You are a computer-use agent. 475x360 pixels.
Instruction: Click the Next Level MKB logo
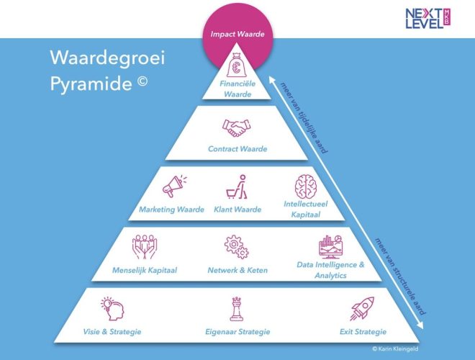click(427, 19)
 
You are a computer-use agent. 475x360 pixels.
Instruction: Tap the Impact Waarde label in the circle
click(237, 34)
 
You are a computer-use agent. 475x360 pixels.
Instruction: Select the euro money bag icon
click(236, 65)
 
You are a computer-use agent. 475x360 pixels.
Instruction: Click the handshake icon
click(237, 128)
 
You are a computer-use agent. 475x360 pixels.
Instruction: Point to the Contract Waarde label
click(237, 149)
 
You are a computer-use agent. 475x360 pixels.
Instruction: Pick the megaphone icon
click(174, 186)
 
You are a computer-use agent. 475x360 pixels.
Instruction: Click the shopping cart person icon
click(237, 186)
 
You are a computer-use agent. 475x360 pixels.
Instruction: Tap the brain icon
click(306, 186)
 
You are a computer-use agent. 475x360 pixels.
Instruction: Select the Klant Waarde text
click(237, 210)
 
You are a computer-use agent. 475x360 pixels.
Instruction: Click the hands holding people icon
click(145, 247)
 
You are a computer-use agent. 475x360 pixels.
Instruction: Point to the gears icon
click(236, 247)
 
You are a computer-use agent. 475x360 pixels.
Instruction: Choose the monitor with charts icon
click(330, 247)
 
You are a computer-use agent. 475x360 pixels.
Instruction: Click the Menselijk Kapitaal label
click(145, 270)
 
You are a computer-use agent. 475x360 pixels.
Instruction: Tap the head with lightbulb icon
click(112, 308)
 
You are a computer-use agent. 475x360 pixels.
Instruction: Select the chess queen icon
click(237, 309)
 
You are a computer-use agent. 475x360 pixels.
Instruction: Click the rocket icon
click(362, 308)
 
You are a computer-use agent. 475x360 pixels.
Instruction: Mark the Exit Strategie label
click(363, 331)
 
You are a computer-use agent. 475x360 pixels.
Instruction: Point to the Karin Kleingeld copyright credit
click(395, 348)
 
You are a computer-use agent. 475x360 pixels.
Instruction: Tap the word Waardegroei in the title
click(107, 58)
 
